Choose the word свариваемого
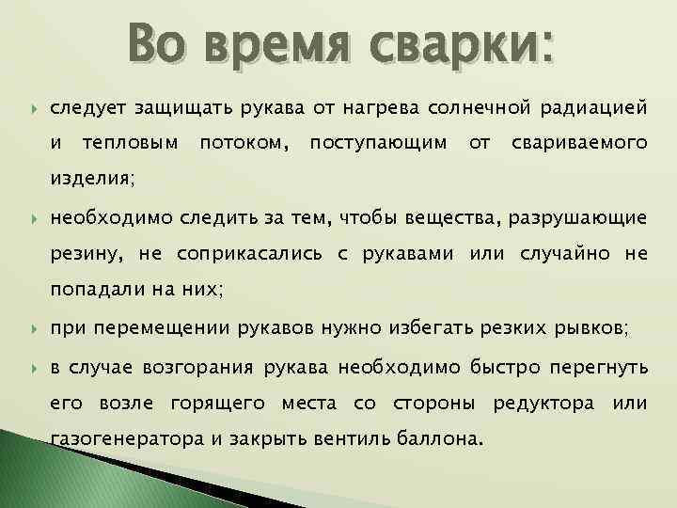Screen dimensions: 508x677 pyautogui.click(x=578, y=143)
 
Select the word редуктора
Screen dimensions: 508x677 pyautogui.click(x=543, y=404)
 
